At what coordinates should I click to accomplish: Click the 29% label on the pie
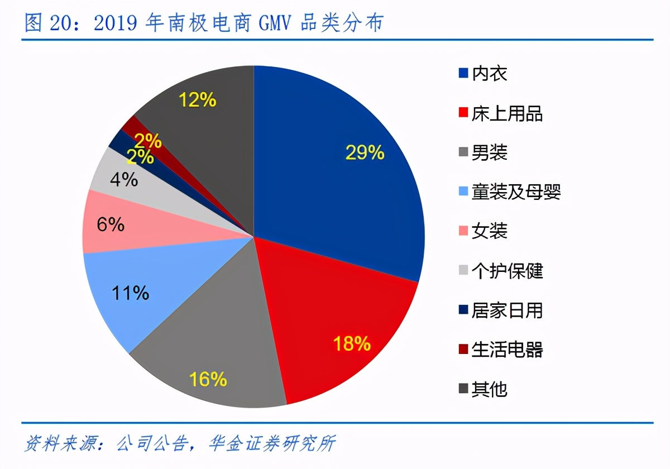(x=365, y=152)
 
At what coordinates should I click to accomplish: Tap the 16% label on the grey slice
(x=208, y=380)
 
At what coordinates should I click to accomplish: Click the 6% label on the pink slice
(x=110, y=224)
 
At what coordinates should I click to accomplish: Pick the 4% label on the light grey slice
(x=123, y=180)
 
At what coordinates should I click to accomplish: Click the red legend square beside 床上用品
(x=463, y=113)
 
